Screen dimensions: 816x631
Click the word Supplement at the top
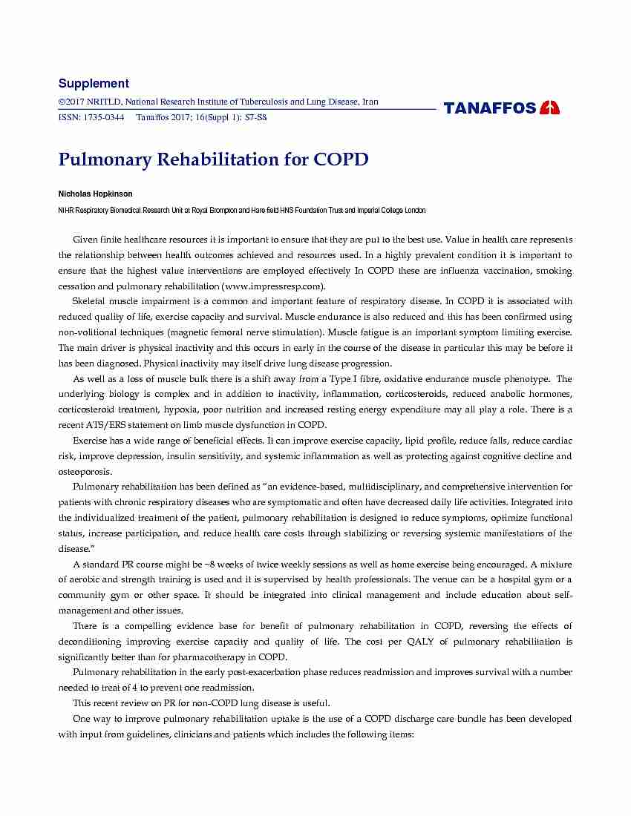[94, 84]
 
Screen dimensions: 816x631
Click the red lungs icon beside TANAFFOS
[550, 108]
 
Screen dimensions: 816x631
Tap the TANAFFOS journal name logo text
[490, 108]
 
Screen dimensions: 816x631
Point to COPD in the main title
[341, 159]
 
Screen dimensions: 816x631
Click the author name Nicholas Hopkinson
[95, 194]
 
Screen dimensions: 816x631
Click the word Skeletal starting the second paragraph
[91, 301]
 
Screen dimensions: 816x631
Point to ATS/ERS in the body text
[108, 425]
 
